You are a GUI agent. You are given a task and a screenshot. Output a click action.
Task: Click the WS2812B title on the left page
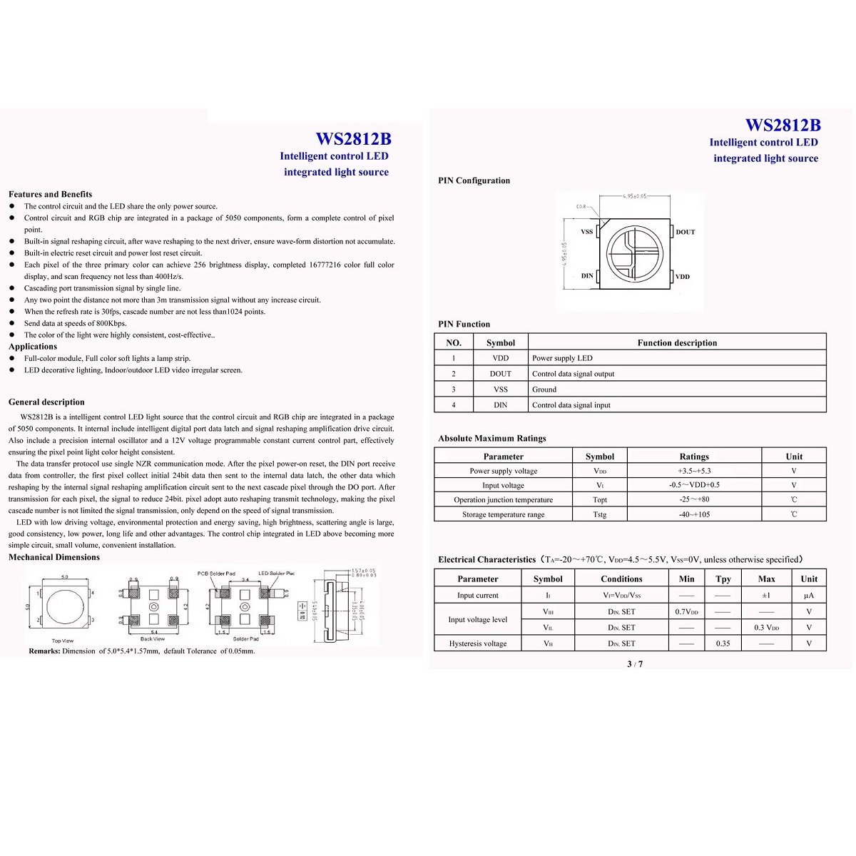[x=353, y=138]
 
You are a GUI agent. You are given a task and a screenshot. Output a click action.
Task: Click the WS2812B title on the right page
[x=783, y=125]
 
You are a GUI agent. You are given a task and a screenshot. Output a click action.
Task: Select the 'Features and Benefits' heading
[x=50, y=194]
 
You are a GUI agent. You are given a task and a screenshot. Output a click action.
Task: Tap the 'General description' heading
[x=46, y=402]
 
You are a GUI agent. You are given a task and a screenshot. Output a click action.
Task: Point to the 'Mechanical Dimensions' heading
[x=54, y=557]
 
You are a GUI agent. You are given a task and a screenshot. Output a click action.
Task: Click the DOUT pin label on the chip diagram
[x=685, y=232]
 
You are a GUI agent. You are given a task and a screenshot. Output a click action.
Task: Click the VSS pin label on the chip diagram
[x=586, y=232]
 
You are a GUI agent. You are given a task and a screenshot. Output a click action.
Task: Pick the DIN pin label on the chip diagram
[x=587, y=275]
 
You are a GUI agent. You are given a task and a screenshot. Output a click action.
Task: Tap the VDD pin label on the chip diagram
[x=683, y=276]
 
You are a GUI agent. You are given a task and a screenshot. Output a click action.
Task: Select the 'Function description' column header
[x=677, y=342]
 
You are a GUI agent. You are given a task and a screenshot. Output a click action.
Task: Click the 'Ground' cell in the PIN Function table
[x=544, y=389]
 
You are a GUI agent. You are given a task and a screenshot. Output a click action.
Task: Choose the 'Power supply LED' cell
[x=562, y=358]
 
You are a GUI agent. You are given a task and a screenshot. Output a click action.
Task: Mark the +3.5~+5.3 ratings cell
[x=694, y=471]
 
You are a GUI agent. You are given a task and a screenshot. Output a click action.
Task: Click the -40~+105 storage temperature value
[x=694, y=514]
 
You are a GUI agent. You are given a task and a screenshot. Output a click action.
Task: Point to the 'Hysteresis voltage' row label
[x=478, y=643]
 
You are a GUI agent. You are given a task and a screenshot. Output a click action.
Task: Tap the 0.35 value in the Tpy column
[x=723, y=643]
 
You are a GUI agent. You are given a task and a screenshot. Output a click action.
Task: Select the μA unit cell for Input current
[x=808, y=595]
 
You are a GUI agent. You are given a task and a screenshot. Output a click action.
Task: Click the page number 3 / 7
[x=635, y=664]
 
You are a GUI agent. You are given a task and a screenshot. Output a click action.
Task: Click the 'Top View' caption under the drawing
[x=63, y=641]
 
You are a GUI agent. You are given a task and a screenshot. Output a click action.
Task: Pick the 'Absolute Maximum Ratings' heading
[x=492, y=439]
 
